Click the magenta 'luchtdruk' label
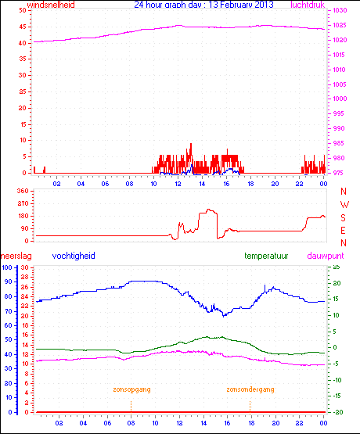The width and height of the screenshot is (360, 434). coord(308,5)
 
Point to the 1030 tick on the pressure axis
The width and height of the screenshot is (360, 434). coord(337,10)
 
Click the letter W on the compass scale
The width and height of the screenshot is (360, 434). coord(343,204)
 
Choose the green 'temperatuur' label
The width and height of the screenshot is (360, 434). coord(267,256)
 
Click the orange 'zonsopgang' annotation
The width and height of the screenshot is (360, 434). coord(131,389)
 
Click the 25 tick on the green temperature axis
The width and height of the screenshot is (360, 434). coord(336,267)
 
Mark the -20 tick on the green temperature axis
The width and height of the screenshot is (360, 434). coord(336,412)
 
